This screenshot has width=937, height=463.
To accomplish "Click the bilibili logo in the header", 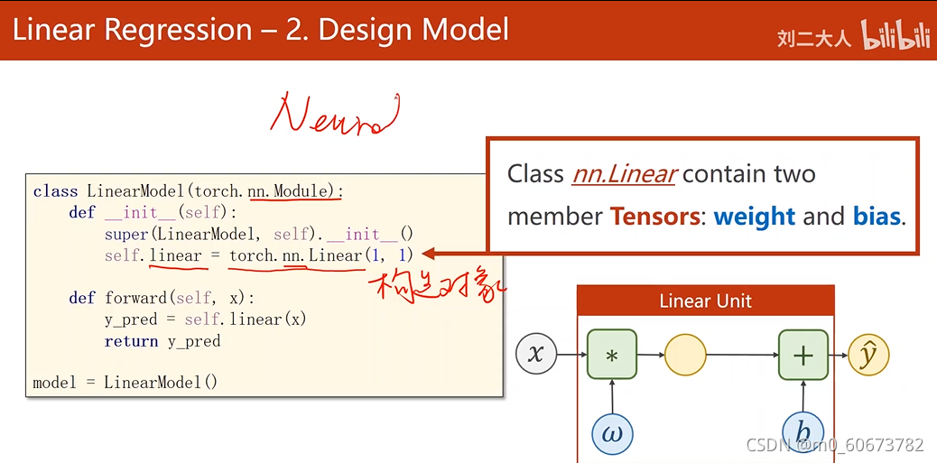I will pyautogui.click(x=896, y=35).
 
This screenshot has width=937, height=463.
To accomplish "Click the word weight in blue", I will pyautogui.click(x=754, y=217).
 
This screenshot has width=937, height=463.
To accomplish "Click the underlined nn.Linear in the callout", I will pyautogui.click(x=624, y=173).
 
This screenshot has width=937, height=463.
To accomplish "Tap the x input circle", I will pyautogui.click(x=536, y=354).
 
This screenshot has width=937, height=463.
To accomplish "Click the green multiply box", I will pyautogui.click(x=612, y=354).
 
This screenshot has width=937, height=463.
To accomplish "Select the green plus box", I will pyautogui.click(x=802, y=354).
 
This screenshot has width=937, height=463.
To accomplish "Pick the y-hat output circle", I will pyautogui.click(x=868, y=355).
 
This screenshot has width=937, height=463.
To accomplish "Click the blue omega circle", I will pyautogui.click(x=612, y=433).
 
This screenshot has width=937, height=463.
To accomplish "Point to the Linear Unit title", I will pyautogui.click(x=705, y=301).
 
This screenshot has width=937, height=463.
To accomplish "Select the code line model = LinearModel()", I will pyautogui.click(x=125, y=382).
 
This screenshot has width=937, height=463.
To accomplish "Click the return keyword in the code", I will pyautogui.click(x=132, y=341).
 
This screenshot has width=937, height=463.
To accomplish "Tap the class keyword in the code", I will pyautogui.click(x=55, y=191).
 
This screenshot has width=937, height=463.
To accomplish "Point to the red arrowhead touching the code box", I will pyautogui.click(x=429, y=255).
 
